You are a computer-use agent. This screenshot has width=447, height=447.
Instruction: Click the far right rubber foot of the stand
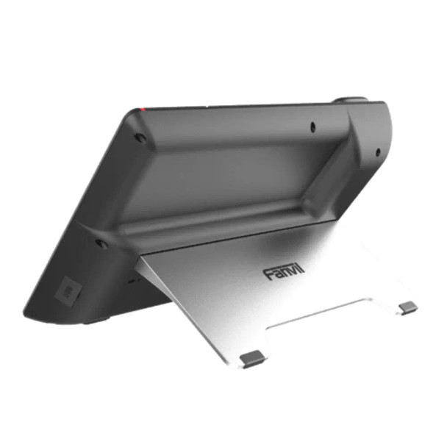coord(408,307)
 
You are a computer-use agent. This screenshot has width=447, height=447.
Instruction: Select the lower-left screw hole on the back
coord(101,243)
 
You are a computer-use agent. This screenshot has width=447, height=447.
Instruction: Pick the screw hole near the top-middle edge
coord(313,126)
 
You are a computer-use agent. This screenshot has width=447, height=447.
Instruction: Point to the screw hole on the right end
coord(377,153)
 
